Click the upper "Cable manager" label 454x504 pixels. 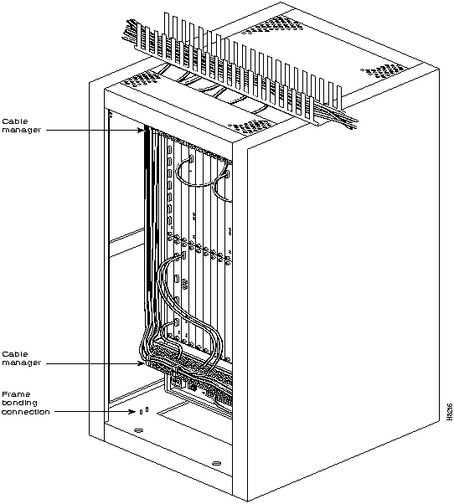22,126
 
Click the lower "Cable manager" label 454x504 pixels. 22,358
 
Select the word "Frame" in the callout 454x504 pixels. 16,394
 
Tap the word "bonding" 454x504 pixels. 19,403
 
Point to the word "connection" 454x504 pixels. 26,412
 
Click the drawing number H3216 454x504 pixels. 449,412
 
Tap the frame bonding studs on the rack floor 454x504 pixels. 144,410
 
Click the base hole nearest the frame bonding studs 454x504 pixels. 138,430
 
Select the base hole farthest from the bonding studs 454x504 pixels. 217,463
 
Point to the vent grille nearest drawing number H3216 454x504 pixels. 383,71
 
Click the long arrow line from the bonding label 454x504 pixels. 93,412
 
